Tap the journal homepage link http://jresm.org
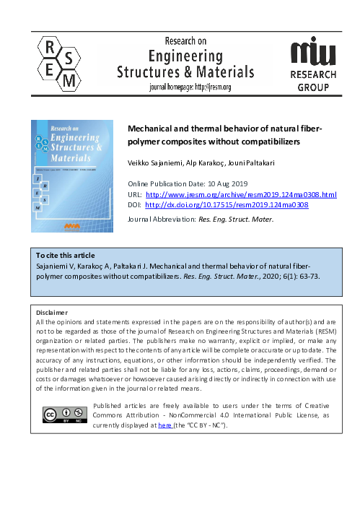click(x=211, y=87)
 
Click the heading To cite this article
click(x=66, y=256)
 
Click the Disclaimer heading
click(x=53, y=313)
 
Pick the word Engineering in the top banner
click(x=185, y=55)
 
